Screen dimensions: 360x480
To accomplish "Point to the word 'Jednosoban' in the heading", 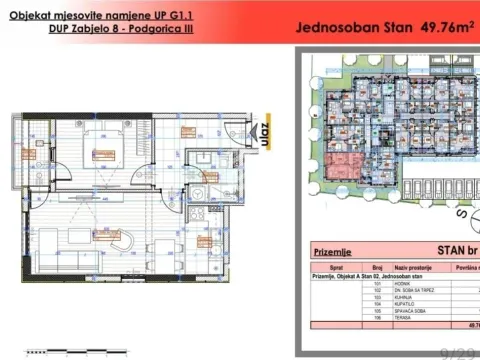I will click(336, 27).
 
